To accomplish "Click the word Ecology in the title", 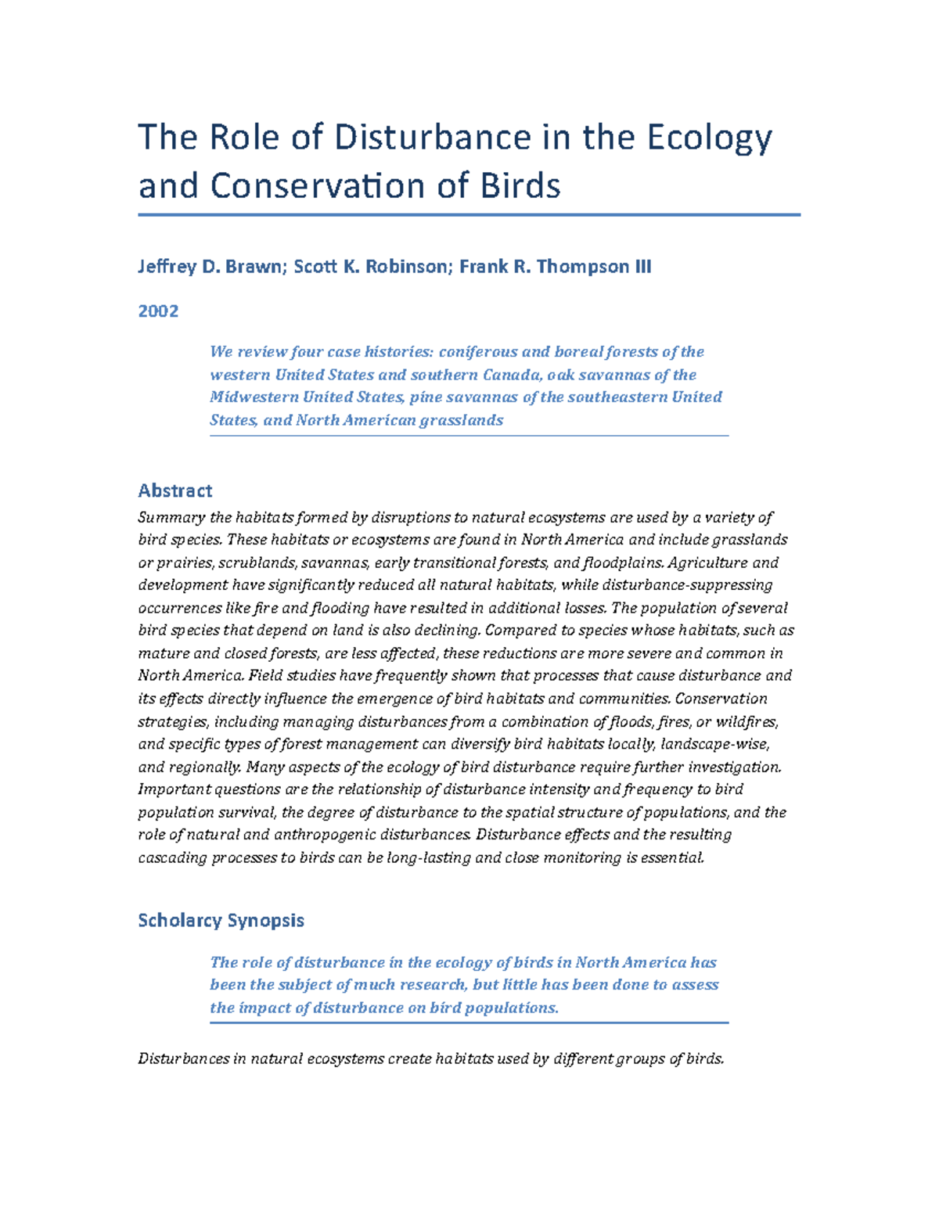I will [x=709, y=138].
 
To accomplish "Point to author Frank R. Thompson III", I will [x=555, y=267].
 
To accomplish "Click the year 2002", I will [x=158, y=311].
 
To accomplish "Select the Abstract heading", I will [x=174, y=491].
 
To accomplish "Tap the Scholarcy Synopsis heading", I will [x=221, y=920].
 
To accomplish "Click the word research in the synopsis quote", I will [x=434, y=985].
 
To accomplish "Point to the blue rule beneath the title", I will [x=469, y=214].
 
